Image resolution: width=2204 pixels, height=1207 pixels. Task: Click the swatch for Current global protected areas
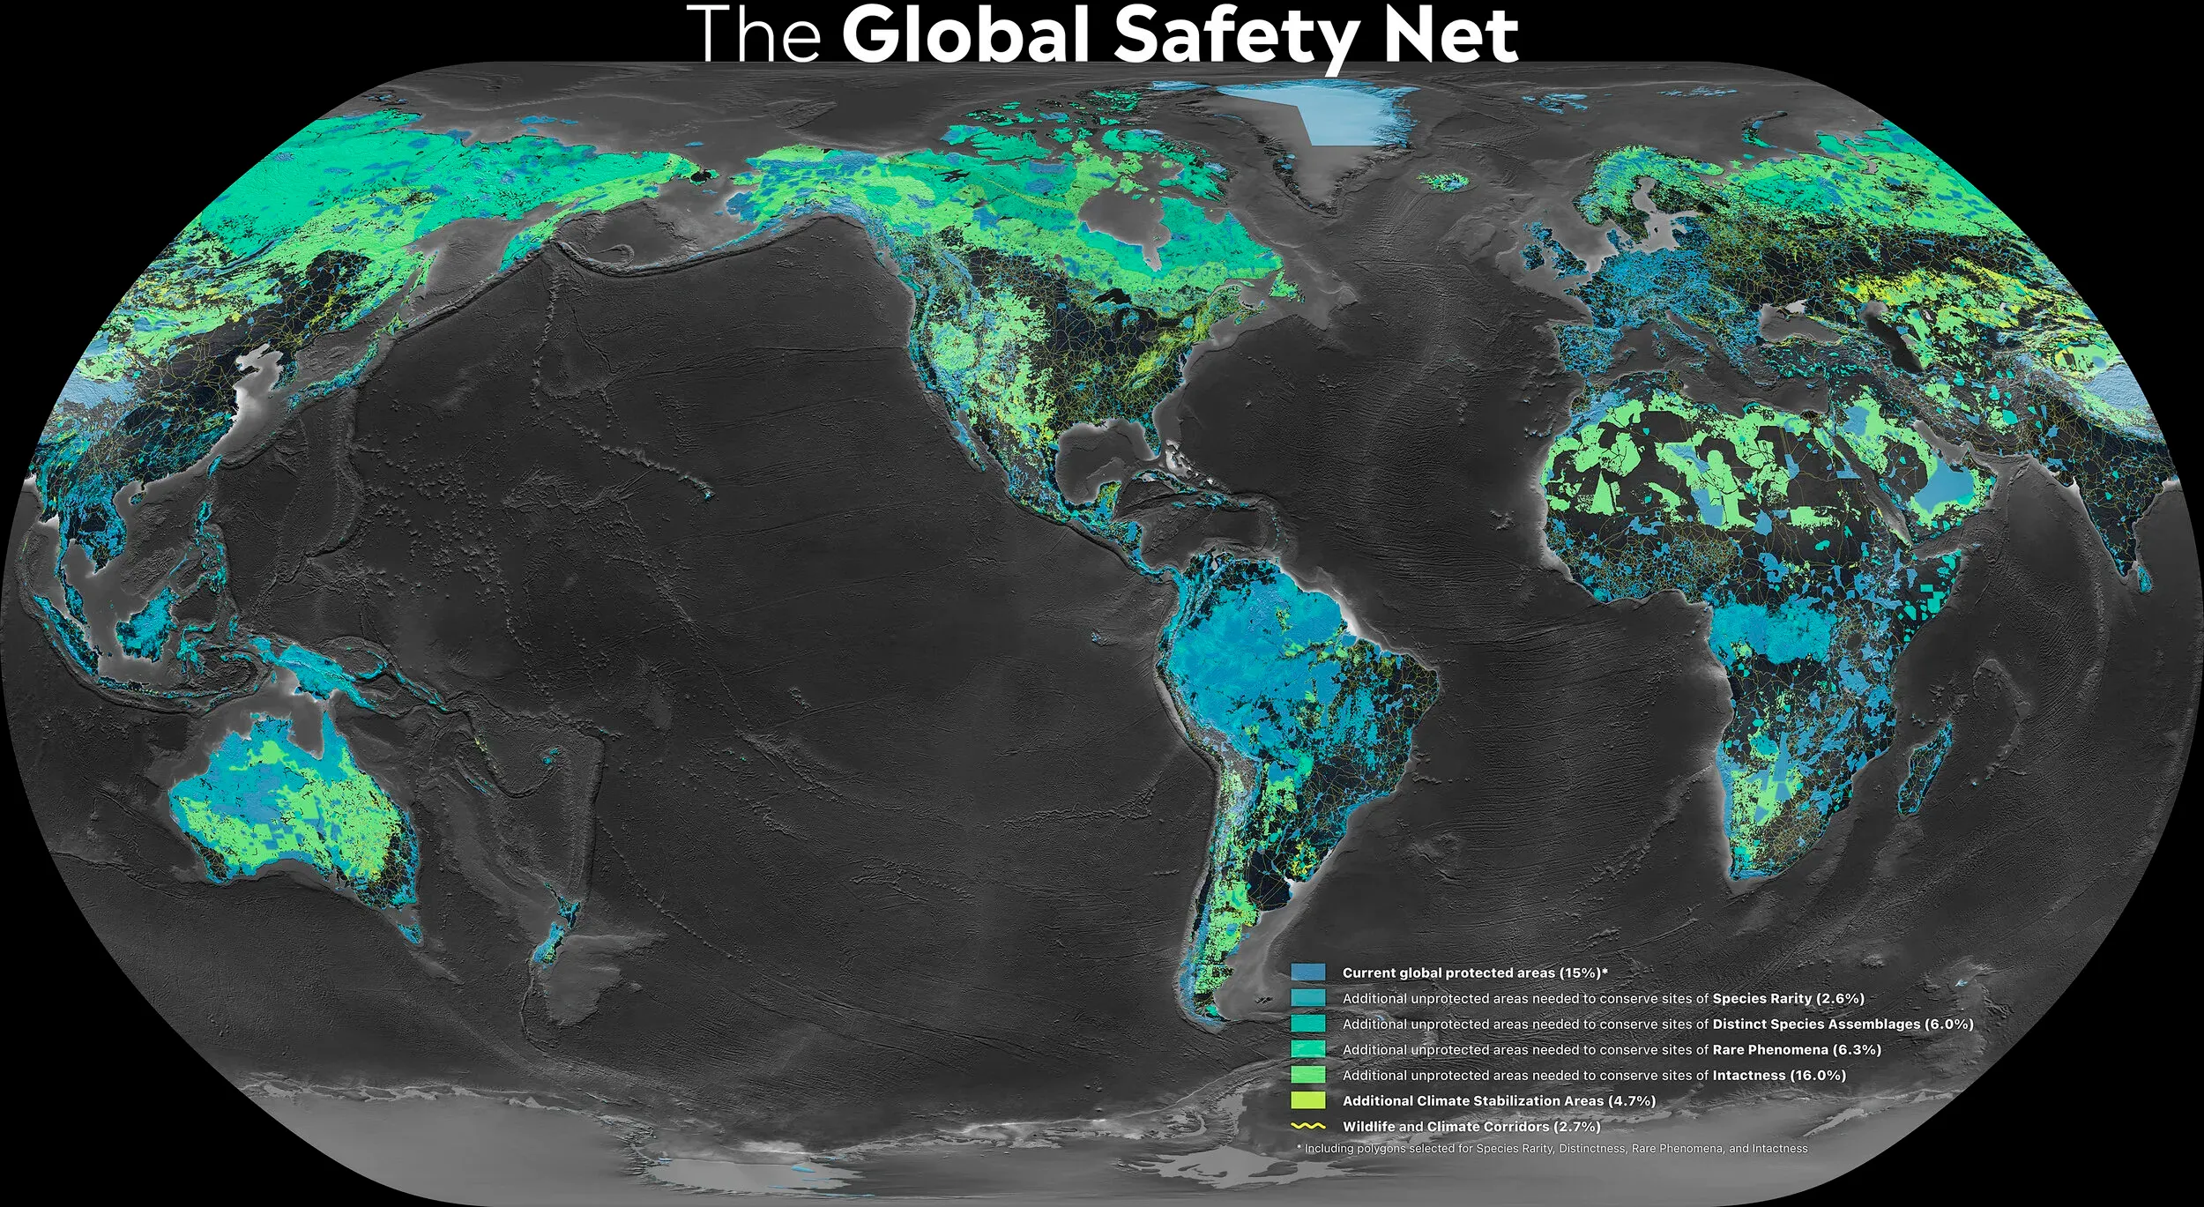click(1307, 972)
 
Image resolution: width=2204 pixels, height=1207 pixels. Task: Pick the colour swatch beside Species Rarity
click(1307, 998)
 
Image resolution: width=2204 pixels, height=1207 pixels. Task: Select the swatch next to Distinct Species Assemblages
click(1307, 1024)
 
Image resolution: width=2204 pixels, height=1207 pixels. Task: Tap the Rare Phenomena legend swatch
click(1307, 1049)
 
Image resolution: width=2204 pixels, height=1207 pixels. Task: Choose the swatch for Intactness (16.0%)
click(1307, 1075)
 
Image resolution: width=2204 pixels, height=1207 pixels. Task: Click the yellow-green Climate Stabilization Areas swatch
click(1307, 1100)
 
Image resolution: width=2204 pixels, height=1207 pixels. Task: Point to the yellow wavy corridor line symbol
click(1307, 1126)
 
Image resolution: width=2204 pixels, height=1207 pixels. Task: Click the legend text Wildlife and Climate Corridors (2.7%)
click(1471, 1126)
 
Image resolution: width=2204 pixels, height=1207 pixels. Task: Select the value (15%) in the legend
click(1581, 972)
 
